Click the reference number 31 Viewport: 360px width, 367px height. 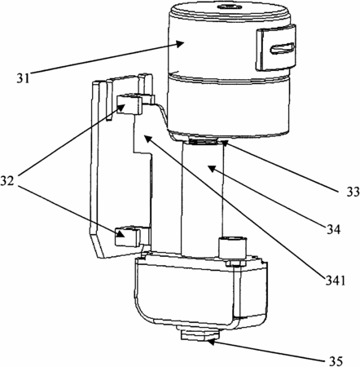tap(23, 78)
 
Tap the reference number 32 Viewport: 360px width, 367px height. tap(7, 180)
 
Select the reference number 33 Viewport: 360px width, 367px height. tap(353, 192)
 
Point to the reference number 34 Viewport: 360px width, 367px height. tap(333, 230)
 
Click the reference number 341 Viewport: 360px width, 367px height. tap(336, 281)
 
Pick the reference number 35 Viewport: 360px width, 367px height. tap(336, 361)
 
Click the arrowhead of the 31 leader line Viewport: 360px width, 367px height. tap(180, 43)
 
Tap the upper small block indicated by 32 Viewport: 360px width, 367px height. tap(129, 104)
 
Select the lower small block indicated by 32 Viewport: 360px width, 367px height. tap(128, 236)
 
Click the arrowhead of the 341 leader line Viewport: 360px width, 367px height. tap(147, 139)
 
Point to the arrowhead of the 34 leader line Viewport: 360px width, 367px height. tap(212, 169)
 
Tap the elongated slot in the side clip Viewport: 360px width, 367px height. tap(282, 48)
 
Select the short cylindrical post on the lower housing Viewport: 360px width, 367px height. tap(233, 248)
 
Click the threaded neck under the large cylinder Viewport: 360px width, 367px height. tap(203, 141)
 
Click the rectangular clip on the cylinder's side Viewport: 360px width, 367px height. tap(276, 48)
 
